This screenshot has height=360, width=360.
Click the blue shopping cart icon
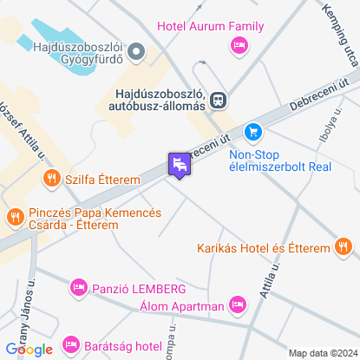point(252,131)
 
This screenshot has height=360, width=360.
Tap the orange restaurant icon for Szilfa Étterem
point(51,179)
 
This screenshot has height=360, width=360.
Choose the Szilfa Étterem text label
point(102,179)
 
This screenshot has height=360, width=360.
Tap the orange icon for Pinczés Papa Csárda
point(14,215)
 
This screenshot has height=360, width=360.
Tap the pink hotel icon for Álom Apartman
point(237,304)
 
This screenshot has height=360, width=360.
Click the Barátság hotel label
point(125,347)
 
